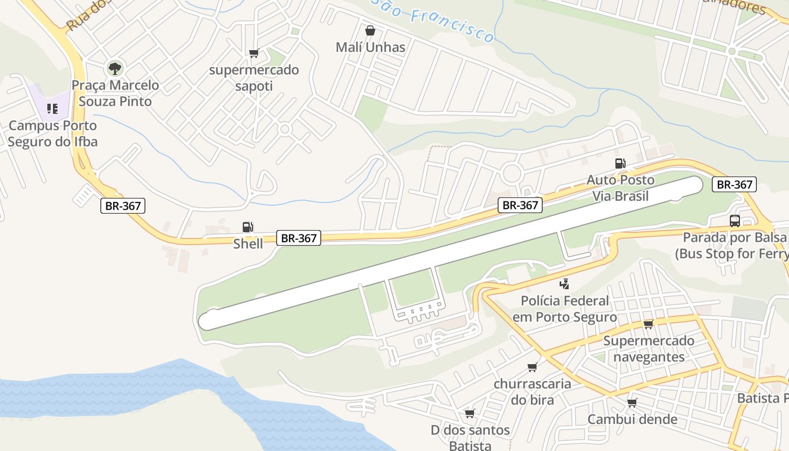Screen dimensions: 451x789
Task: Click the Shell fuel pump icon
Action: pyautogui.click(x=247, y=227)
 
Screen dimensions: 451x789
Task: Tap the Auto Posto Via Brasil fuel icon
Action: pyautogui.click(x=620, y=163)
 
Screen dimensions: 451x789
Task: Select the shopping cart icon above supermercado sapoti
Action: pyautogui.click(x=254, y=54)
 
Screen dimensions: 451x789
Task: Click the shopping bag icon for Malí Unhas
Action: pyautogui.click(x=370, y=30)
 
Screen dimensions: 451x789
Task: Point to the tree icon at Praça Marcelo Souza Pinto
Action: pyautogui.click(x=115, y=69)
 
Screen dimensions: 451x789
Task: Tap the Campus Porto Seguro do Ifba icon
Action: pyautogui.click(x=52, y=108)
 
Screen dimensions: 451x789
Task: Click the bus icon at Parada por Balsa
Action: pyautogui.click(x=735, y=220)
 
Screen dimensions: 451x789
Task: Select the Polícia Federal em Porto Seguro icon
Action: pyautogui.click(x=564, y=284)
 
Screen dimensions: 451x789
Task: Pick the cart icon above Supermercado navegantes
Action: pyautogui.click(x=648, y=324)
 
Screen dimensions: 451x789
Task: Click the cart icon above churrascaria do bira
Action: pyautogui.click(x=532, y=368)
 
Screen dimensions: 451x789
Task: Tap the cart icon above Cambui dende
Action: pyautogui.click(x=632, y=403)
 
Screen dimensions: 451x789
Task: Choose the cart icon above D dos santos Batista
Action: pyautogui.click(x=469, y=414)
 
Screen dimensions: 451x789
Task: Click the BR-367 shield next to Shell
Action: pyautogui.click(x=299, y=238)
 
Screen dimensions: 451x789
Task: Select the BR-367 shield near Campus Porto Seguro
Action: pyautogui.click(x=123, y=206)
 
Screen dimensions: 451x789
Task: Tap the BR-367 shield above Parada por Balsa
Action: pyautogui.click(x=734, y=184)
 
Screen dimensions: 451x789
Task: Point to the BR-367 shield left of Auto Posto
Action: pyautogui.click(x=520, y=205)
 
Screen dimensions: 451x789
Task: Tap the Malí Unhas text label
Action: pyautogui.click(x=370, y=47)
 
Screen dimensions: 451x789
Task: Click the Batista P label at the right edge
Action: pyautogui.click(x=763, y=399)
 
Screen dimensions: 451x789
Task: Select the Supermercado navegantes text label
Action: pyautogui.click(x=649, y=349)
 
